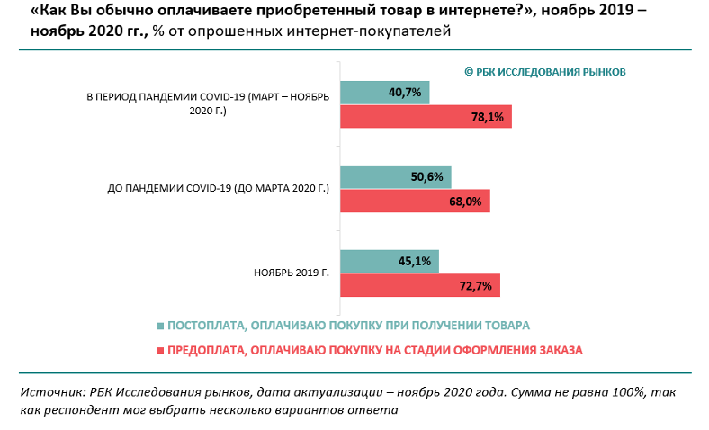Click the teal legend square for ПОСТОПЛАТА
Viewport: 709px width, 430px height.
click(161, 326)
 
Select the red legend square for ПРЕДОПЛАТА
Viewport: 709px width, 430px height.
click(161, 350)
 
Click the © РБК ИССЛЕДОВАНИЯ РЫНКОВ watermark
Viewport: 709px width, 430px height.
click(544, 72)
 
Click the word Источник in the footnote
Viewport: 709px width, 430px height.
click(50, 392)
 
